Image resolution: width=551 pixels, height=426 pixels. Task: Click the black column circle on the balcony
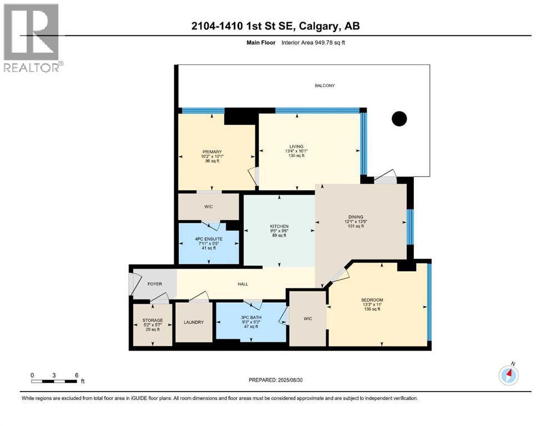[399, 118]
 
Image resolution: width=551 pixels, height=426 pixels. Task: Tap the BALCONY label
[325, 85]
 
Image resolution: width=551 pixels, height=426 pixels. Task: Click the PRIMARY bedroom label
[212, 152]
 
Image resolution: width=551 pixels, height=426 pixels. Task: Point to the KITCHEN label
[279, 226]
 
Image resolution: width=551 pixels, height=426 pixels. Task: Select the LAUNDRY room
[194, 322]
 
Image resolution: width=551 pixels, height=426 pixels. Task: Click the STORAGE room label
[152, 321]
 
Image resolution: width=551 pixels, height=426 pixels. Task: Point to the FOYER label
[154, 284]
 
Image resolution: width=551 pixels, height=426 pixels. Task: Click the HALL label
[242, 284]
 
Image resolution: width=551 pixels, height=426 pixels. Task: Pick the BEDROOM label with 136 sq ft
[372, 300]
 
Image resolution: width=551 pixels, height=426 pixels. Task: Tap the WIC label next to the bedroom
[308, 319]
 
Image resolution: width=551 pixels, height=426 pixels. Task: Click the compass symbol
[508, 376]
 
